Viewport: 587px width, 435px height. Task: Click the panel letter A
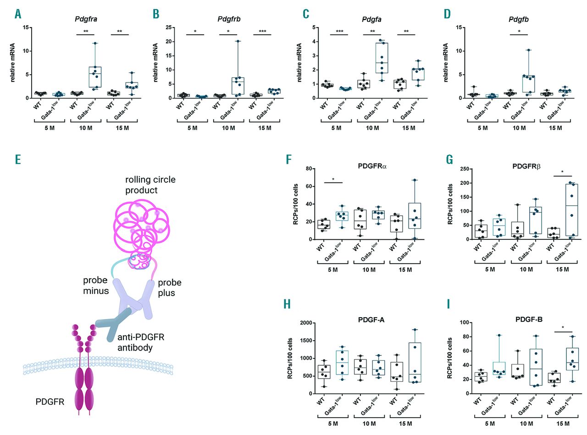(x=18, y=14)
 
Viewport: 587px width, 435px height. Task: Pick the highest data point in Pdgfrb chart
(x=238, y=41)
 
